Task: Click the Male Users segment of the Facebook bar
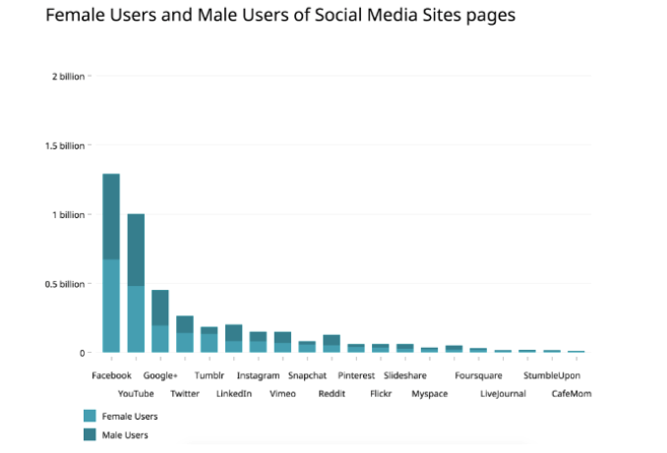pos(111,216)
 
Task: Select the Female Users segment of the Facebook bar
pos(111,306)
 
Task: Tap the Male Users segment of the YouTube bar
pos(136,250)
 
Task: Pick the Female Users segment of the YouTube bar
pos(136,319)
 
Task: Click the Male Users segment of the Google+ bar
pos(159,308)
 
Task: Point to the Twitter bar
pos(185,334)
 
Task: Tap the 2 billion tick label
pos(68,77)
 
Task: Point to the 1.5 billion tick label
pos(64,145)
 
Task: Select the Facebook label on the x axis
pos(111,375)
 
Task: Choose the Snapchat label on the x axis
pos(307,375)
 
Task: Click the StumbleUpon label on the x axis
pos(551,375)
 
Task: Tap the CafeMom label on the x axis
pos(572,394)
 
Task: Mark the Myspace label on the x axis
pos(429,394)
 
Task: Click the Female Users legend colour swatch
pos(91,416)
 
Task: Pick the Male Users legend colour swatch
pos(91,433)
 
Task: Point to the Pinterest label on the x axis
pos(356,375)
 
